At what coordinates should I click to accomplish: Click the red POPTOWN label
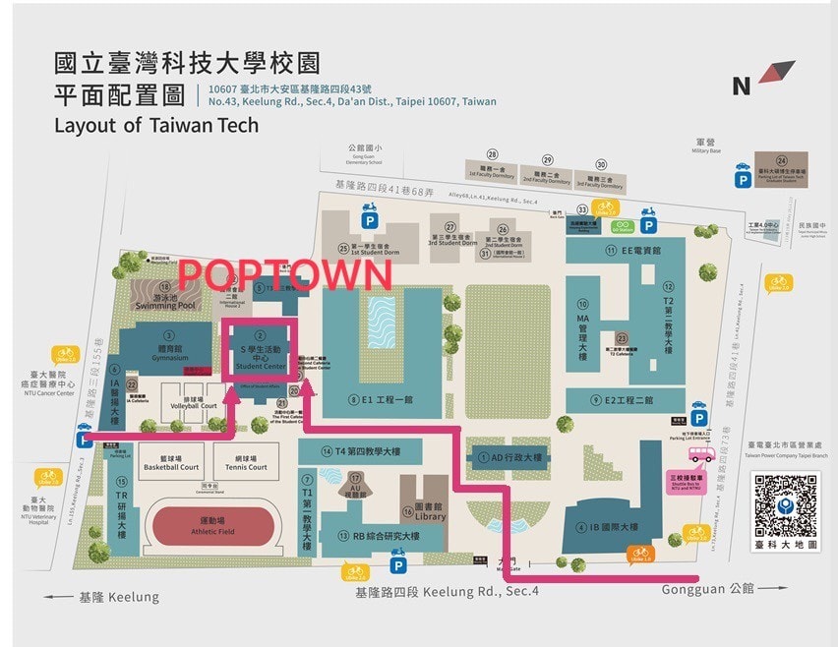click(285, 273)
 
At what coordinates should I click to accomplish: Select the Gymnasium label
click(168, 353)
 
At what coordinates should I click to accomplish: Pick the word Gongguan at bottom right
click(682, 589)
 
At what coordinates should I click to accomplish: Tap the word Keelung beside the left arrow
click(132, 597)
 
